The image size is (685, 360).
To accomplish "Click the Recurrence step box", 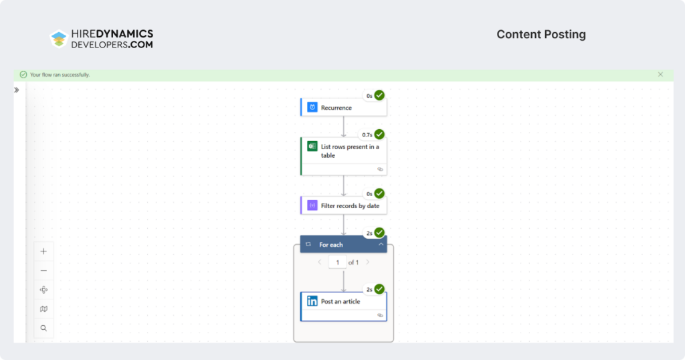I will pyautogui.click(x=343, y=108).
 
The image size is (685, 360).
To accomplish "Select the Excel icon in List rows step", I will pyautogui.click(x=312, y=147).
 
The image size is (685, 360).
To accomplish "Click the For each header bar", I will pyautogui.click(x=338, y=245).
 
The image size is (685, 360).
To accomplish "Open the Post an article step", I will pyautogui.click(x=343, y=302).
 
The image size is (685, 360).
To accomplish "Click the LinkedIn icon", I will pyautogui.click(x=312, y=302).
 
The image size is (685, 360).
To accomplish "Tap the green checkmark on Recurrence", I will pyautogui.click(x=379, y=96).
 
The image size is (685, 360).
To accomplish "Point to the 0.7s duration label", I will pyautogui.click(x=367, y=134).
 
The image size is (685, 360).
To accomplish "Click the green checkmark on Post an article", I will pyautogui.click(x=379, y=289).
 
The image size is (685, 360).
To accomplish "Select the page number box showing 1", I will pyautogui.click(x=337, y=262).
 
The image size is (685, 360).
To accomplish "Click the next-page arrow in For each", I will pyautogui.click(x=367, y=262).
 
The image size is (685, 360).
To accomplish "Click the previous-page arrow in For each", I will pyautogui.click(x=319, y=262).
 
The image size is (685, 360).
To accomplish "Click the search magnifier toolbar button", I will pyautogui.click(x=43, y=329).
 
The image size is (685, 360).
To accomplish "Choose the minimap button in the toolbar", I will pyautogui.click(x=43, y=309).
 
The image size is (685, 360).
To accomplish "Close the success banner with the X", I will pyautogui.click(x=660, y=74).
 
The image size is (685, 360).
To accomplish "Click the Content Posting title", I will pyautogui.click(x=541, y=35).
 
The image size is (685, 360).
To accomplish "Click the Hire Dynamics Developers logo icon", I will pyautogui.click(x=59, y=39).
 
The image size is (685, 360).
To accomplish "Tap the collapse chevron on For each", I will pyautogui.click(x=381, y=245).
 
